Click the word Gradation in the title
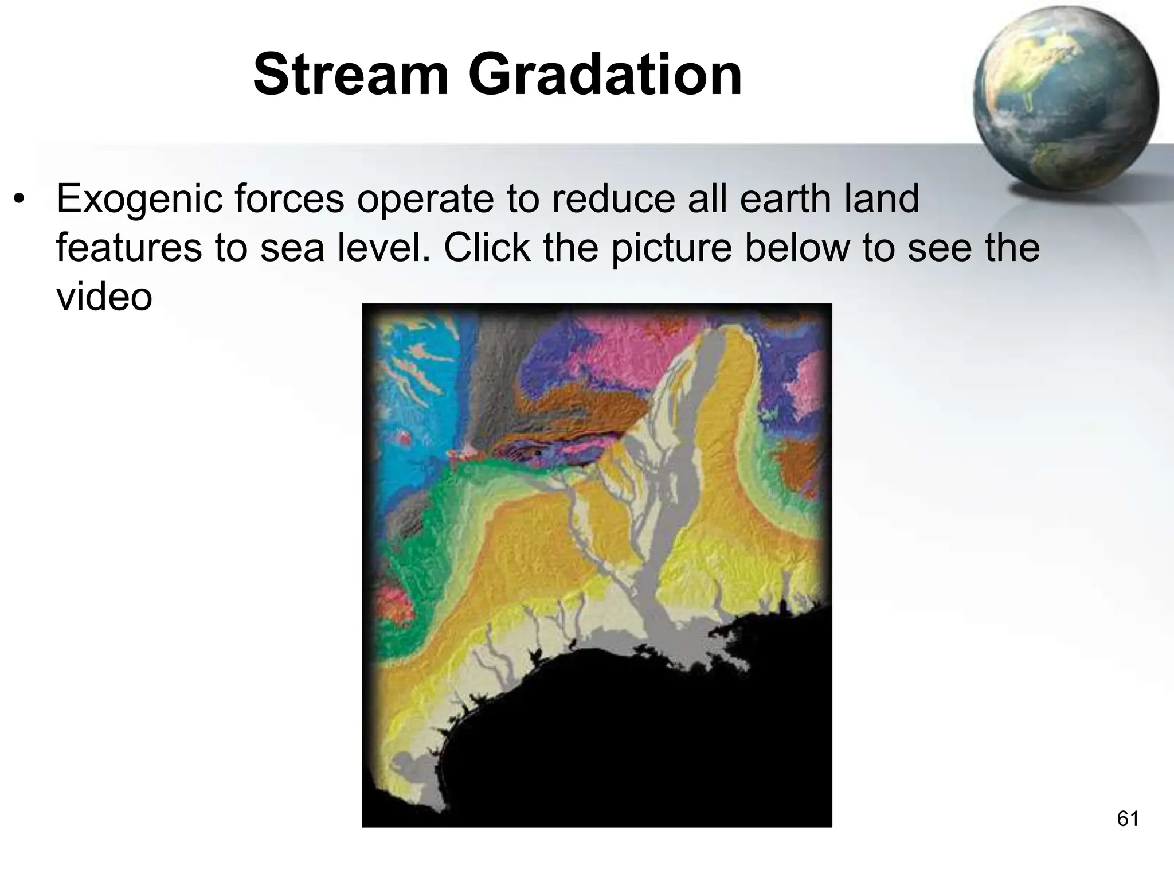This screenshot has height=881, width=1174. click(x=605, y=75)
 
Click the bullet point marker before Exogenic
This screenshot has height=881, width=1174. click(x=21, y=200)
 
